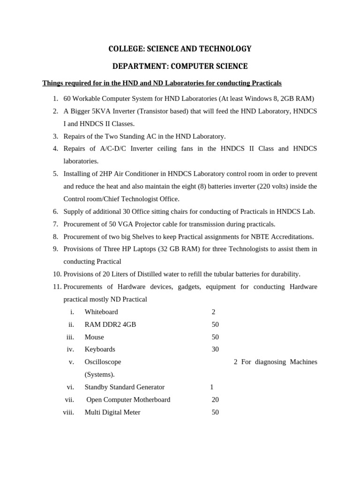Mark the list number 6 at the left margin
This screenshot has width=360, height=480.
point(55,211)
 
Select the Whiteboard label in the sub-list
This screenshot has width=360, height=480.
point(101,312)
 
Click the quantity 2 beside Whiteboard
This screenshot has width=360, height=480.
point(213,312)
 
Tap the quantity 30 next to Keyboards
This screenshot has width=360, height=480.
point(215,349)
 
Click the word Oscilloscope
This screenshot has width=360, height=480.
point(103,362)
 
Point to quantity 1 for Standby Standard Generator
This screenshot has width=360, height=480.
point(212,387)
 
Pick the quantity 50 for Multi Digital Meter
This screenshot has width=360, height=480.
point(215,412)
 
